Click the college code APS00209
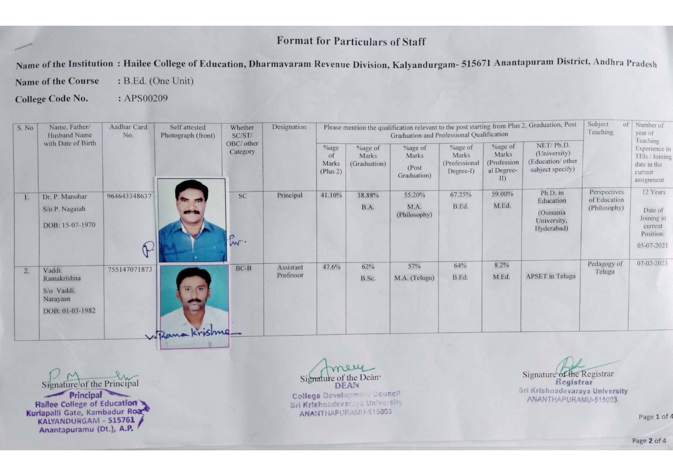coord(146,98)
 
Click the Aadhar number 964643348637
coord(129,196)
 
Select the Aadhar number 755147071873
coord(130,269)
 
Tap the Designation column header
coord(289,127)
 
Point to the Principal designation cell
coord(290,195)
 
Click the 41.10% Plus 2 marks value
coord(331,195)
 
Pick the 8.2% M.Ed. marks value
coord(501,265)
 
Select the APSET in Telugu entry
coord(550,276)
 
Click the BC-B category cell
coord(243,268)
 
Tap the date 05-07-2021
coord(652,245)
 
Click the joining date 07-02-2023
coord(652,263)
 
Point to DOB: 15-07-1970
coord(69,225)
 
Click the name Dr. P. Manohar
coord(65,197)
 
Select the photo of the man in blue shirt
coord(192,221)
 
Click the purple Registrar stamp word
coord(574,382)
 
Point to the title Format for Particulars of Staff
coord(351,41)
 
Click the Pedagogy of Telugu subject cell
coord(605,268)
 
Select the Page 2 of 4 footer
coord(649,441)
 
